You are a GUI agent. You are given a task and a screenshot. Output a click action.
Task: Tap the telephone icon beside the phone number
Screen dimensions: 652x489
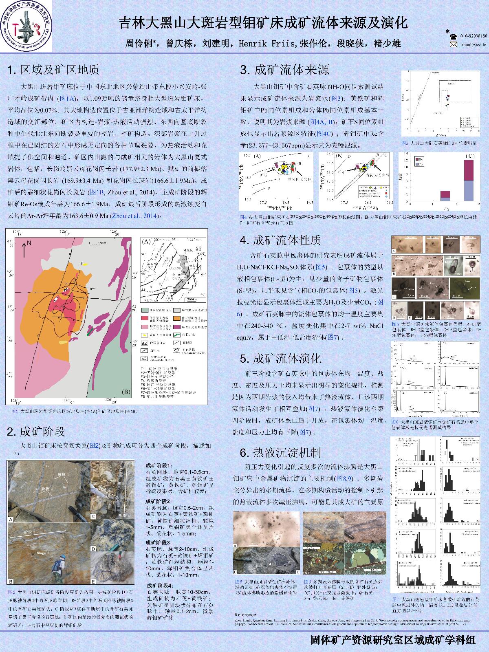point(453,36)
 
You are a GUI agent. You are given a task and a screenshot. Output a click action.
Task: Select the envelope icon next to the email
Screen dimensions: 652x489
point(453,45)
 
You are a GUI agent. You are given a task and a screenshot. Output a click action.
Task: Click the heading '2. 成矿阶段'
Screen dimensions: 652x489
point(36,431)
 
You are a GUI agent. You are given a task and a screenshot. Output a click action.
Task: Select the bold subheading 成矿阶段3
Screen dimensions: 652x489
point(158,542)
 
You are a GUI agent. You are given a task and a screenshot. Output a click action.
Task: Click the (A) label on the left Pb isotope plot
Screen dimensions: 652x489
point(257,156)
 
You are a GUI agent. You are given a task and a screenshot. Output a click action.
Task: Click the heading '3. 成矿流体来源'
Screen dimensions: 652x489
point(284,70)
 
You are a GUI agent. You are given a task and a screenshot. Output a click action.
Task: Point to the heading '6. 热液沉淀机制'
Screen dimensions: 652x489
point(280,452)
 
